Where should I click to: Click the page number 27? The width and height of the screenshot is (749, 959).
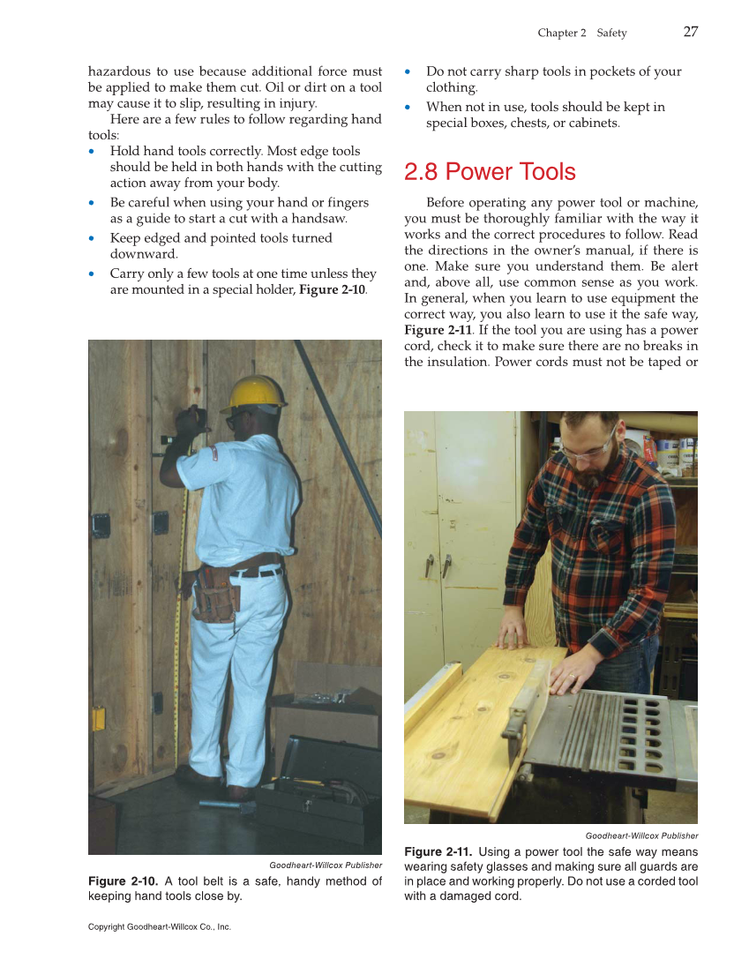(690, 32)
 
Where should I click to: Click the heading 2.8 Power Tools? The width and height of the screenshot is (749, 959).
(490, 172)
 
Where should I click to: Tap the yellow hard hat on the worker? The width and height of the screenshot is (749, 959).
(254, 393)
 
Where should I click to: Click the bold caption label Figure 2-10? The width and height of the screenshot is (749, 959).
(123, 881)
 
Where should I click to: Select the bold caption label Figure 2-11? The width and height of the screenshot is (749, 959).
(438, 851)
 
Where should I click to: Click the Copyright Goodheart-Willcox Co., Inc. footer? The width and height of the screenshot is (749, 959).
(159, 926)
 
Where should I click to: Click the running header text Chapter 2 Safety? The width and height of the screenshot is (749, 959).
(581, 33)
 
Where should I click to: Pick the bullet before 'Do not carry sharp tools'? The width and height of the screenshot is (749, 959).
(408, 71)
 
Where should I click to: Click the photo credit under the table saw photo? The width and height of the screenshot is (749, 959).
(641, 835)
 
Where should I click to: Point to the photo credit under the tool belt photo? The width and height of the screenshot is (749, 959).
(326, 865)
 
